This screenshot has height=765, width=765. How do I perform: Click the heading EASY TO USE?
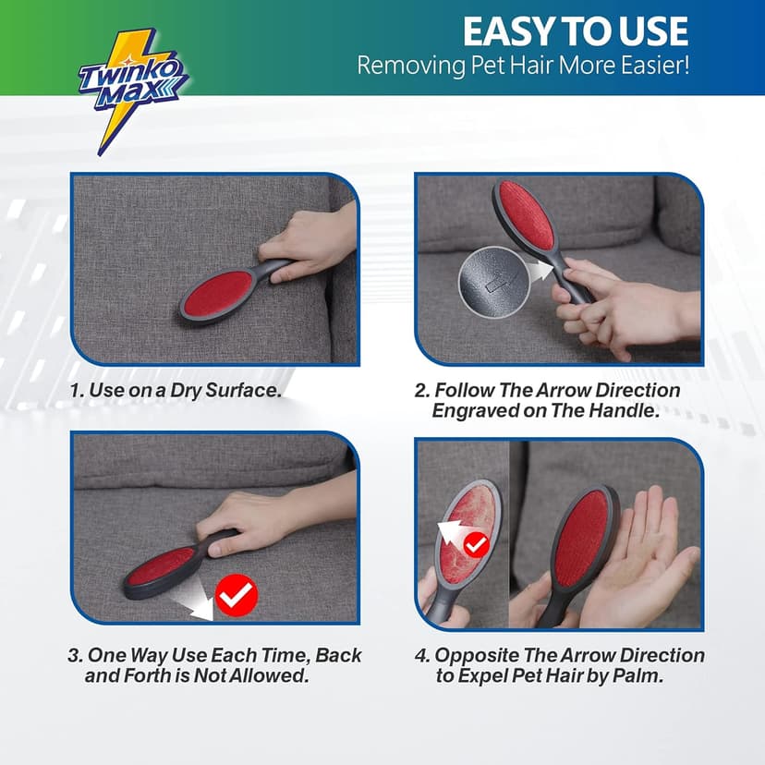point(575,31)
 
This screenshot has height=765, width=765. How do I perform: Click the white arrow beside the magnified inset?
point(542,267)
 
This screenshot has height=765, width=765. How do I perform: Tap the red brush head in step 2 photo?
point(526,217)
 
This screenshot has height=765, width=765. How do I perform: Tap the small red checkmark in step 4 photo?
point(476,545)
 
